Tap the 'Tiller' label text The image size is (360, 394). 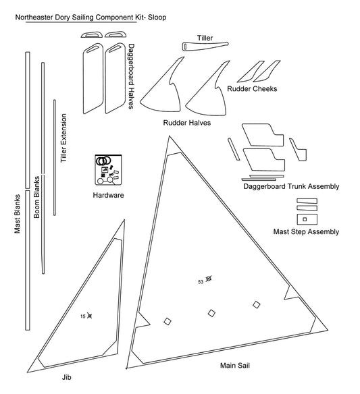coord(205,38)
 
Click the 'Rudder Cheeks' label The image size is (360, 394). coord(251,89)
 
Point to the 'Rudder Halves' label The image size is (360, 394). coord(186,123)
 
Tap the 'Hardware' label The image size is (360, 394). coord(108,196)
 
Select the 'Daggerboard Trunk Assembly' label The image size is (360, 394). coord(291,186)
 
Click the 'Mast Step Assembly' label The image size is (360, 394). coord(306,232)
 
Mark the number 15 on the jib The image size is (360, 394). coord(82,316)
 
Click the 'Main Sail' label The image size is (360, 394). coord(236,366)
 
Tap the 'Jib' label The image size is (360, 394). coord(66,379)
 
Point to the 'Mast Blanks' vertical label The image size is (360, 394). coord(18,215)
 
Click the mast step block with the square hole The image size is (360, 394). coord(305,219)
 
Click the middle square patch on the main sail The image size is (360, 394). coord(211,312)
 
